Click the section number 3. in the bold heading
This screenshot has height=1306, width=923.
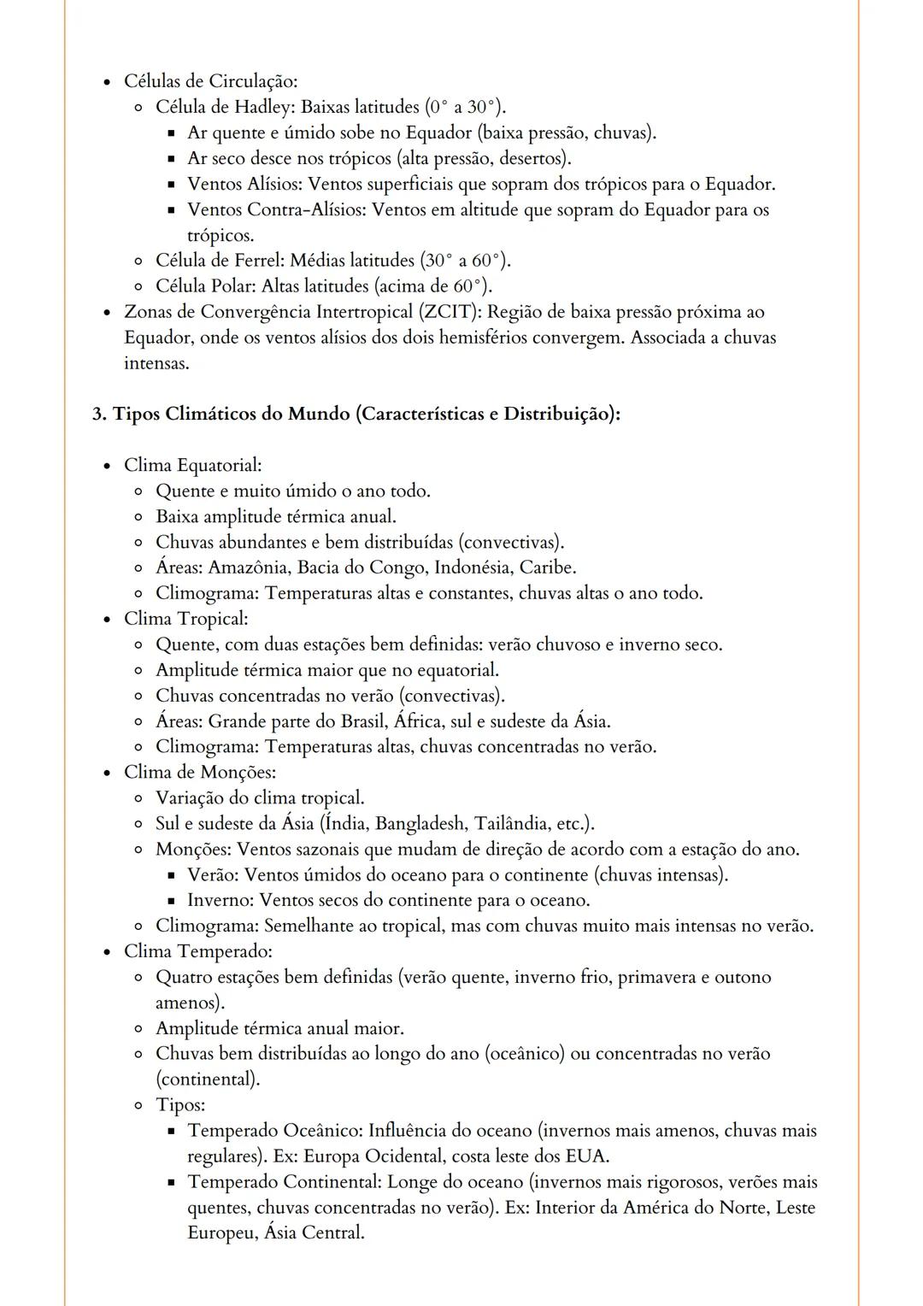pyautogui.click(x=99, y=415)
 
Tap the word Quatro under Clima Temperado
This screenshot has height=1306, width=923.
pyautogui.click(x=184, y=977)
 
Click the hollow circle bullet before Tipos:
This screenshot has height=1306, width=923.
pyautogui.click(x=138, y=1106)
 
